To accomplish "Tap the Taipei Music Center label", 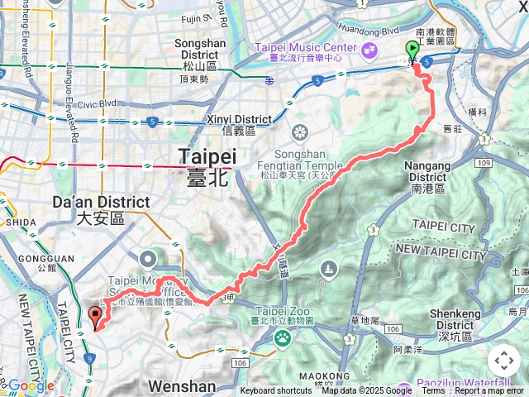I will [307, 48].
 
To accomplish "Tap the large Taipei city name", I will [207, 157].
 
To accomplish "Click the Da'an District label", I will [112, 202].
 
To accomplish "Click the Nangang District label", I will [426, 171].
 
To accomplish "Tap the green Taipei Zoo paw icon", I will [283, 337].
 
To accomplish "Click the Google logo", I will [30, 385].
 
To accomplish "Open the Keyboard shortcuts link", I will [276, 391].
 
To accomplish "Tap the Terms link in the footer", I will [433, 391].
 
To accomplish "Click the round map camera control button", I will [503, 361].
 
